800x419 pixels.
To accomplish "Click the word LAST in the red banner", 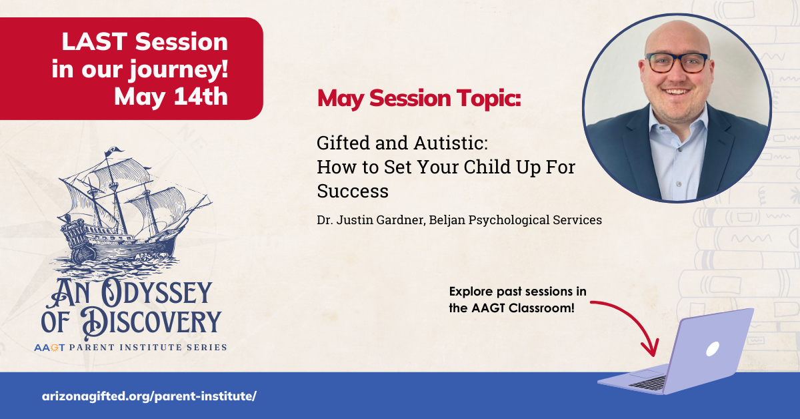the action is point(94,42).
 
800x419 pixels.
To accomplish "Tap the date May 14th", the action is point(171,97).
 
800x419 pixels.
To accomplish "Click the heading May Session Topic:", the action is point(419,98).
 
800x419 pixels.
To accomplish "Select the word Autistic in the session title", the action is point(451,143).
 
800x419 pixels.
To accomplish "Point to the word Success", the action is point(353,191).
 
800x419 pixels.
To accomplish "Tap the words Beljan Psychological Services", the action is point(515,220).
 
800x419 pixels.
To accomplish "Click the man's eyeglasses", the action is point(677,63).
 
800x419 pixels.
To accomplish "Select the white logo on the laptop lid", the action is point(713,349).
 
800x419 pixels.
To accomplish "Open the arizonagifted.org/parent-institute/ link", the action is point(149,396).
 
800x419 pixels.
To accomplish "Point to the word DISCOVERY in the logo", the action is point(151,322).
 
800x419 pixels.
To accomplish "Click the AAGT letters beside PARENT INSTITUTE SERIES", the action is point(49,348).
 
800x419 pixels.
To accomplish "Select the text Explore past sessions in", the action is point(517,292).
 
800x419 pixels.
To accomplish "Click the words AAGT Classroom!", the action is point(523,308).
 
